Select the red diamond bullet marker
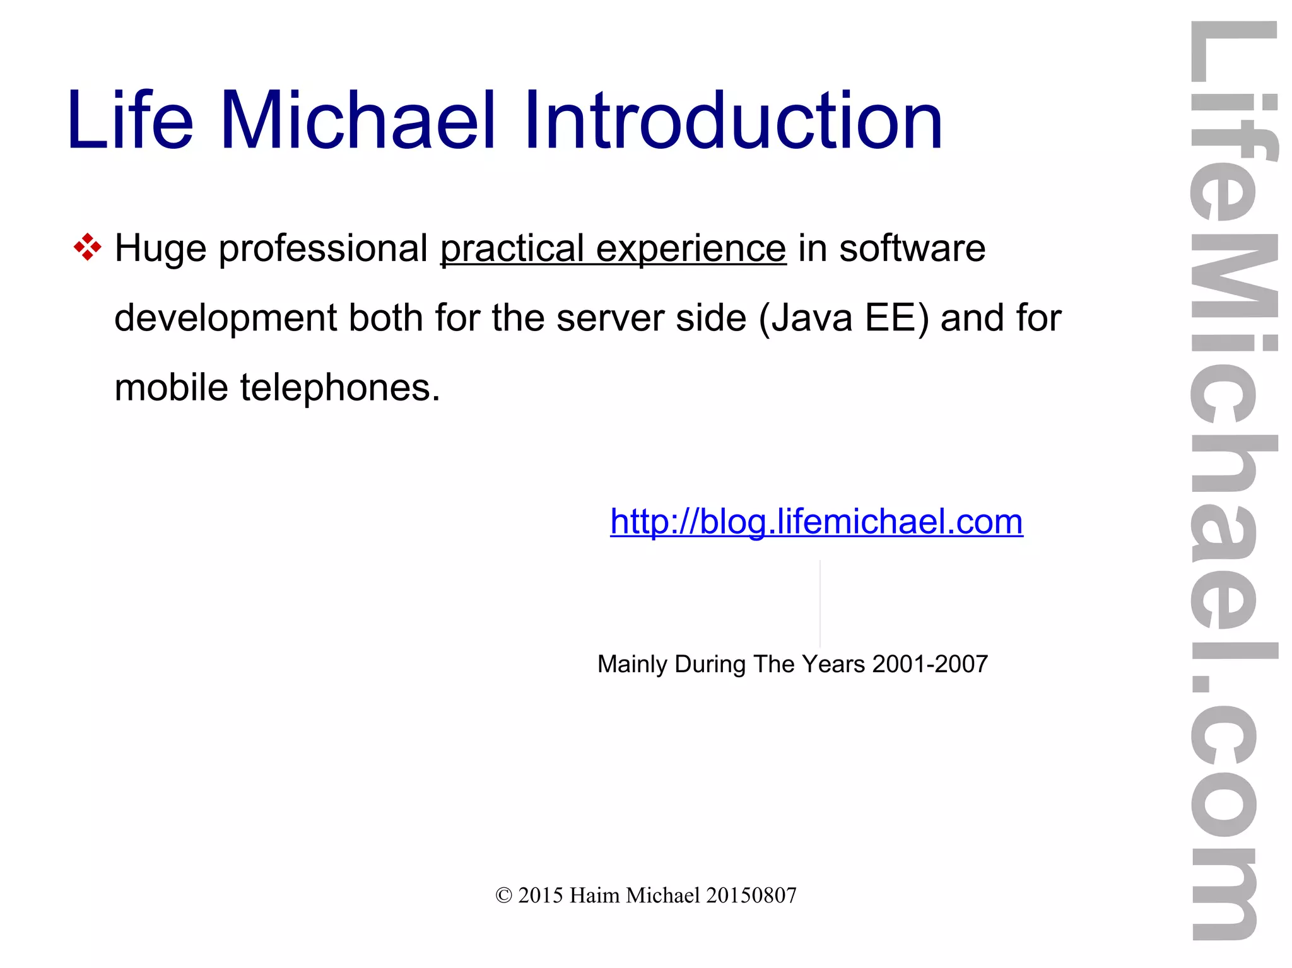coord(87,247)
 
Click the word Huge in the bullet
coord(160,249)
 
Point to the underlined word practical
coord(512,249)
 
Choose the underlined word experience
coord(691,249)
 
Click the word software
coord(912,248)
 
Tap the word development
coord(225,318)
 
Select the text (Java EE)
coord(843,318)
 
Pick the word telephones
coord(339,388)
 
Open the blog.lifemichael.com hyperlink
coord(816,522)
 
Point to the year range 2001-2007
coord(930,664)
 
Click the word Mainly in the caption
coord(632,665)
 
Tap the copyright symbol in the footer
coord(503,895)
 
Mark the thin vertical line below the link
coord(820,604)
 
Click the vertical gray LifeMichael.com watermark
coord(1233,479)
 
